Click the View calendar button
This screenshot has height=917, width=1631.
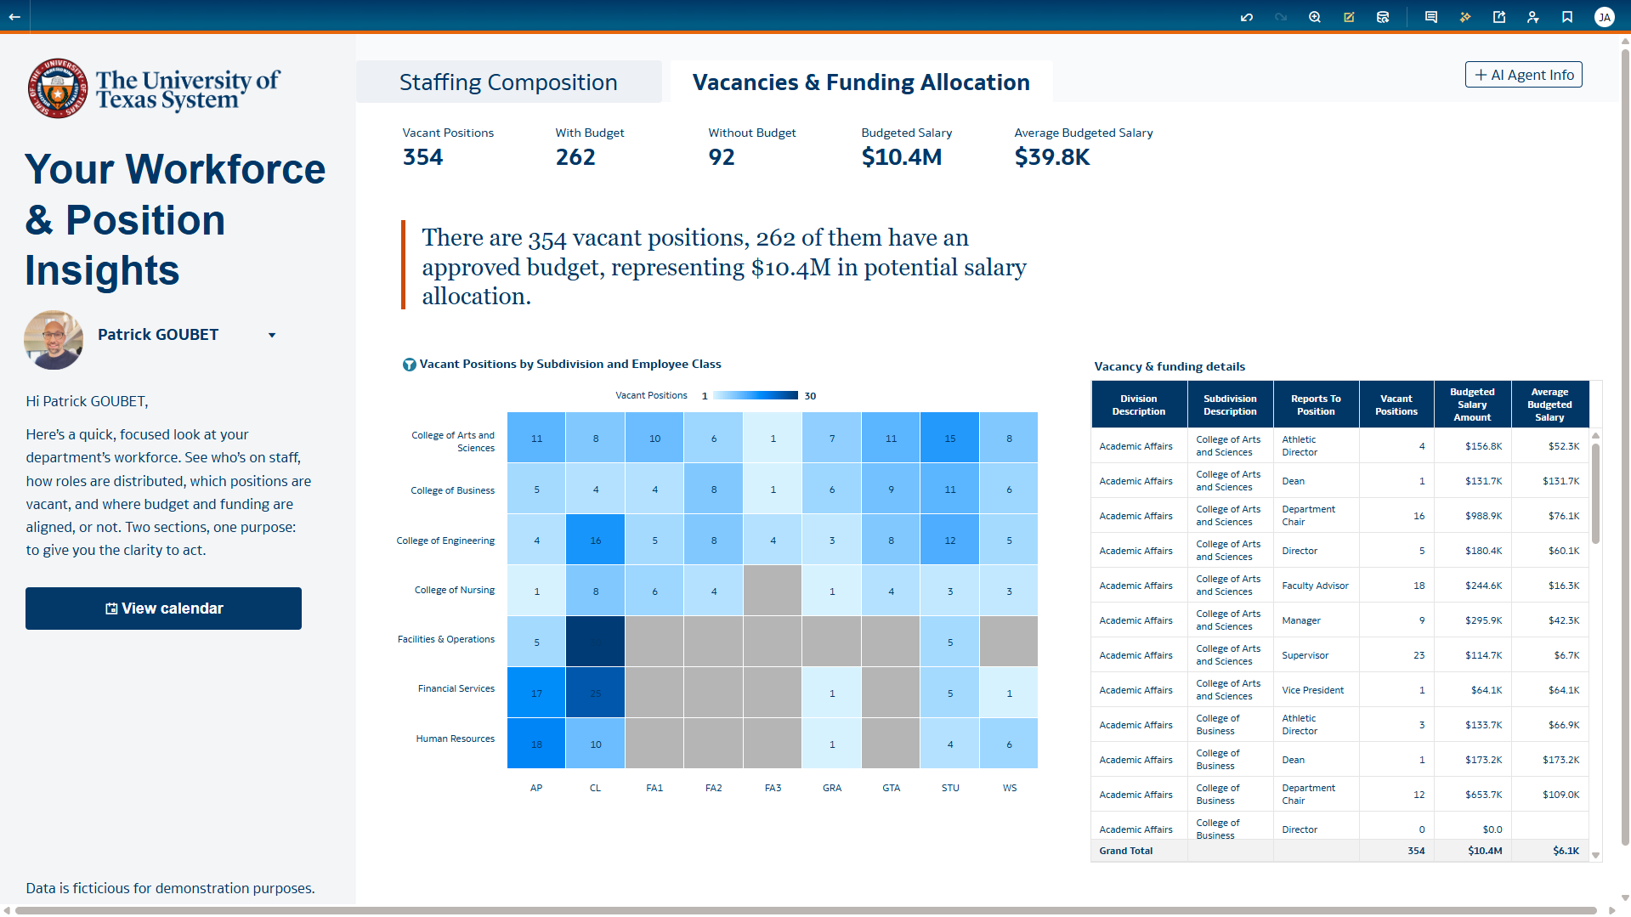(163, 609)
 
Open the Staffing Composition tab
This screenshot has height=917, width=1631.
(508, 82)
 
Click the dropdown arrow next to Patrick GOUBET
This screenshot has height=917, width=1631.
(272, 336)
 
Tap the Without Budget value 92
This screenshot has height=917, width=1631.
(722, 157)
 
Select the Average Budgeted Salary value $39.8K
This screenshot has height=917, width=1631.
(1051, 157)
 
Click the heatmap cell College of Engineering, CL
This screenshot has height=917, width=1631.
(596, 541)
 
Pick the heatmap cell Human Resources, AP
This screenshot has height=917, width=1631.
(536, 744)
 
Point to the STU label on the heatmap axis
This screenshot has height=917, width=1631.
(950, 789)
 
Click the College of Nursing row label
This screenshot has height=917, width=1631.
(454, 591)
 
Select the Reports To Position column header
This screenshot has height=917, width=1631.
(1316, 405)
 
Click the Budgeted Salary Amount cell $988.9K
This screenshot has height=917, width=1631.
(1483, 517)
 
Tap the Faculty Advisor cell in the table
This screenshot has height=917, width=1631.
(1315, 586)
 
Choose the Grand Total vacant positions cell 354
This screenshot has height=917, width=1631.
(1415, 852)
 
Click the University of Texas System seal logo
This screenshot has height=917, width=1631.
(57, 88)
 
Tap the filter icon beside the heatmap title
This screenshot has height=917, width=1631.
(409, 365)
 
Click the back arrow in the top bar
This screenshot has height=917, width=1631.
(14, 17)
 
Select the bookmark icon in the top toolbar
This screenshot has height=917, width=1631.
(1567, 17)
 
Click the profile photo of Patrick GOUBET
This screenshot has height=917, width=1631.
(54, 340)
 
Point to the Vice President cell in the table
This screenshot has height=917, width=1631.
(1312, 691)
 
